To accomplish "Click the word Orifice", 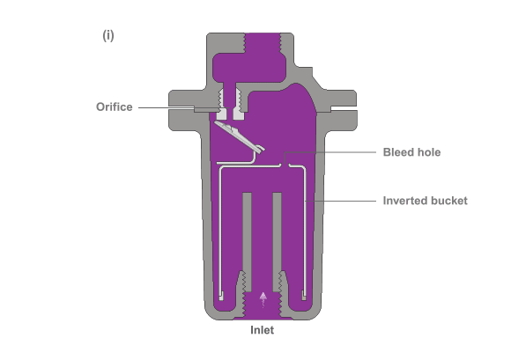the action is (x=115, y=107).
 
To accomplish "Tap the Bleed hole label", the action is (x=412, y=152).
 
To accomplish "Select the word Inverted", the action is (x=403, y=201).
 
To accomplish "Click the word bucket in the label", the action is (x=447, y=201).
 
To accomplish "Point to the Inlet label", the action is (x=263, y=330).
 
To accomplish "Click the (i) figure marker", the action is (x=108, y=35).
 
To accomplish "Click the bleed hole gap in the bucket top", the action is (x=285, y=166).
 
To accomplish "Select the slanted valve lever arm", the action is (x=240, y=136).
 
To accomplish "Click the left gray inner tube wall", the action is (x=247, y=241).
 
